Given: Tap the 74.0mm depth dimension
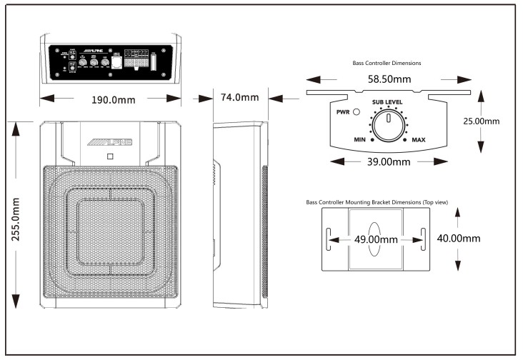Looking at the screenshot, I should tap(239, 98).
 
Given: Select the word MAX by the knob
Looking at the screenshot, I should tap(419, 140).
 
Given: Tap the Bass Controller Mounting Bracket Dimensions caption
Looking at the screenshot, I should tap(377, 202).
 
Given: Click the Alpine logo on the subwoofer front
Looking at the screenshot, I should tap(111, 143).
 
